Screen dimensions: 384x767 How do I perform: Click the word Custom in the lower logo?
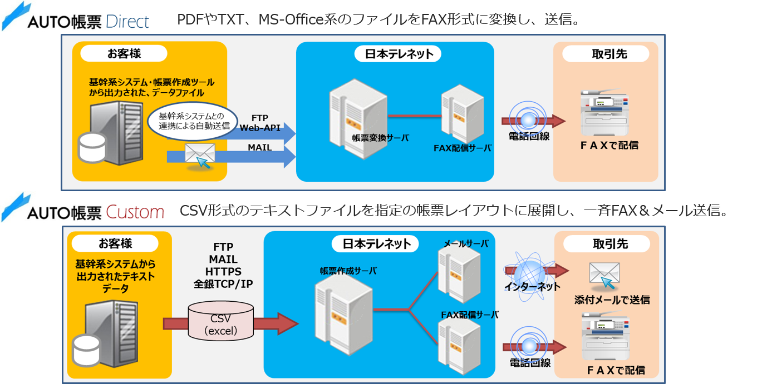(x=135, y=212)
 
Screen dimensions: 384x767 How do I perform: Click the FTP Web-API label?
(x=260, y=123)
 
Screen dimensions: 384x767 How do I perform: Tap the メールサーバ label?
(x=466, y=244)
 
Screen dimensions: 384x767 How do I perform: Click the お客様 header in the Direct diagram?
(x=124, y=54)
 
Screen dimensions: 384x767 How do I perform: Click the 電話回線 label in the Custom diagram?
(x=530, y=363)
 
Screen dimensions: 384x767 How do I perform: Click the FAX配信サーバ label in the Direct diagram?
(x=463, y=148)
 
